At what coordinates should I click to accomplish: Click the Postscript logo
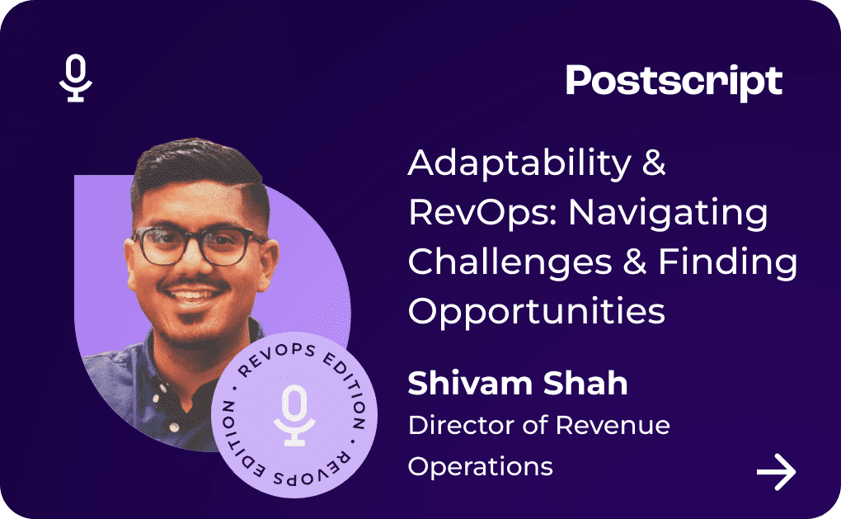[x=674, y=83]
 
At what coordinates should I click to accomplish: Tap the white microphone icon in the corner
[x=76, y=78]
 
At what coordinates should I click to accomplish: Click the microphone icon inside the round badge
[x=294, y=415]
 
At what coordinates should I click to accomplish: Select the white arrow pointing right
[x=776, y=472]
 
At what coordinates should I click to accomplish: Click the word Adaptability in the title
[x=519, y=163]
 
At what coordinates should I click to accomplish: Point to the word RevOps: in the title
[x=483, y=213]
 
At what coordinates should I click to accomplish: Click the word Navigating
[x=668, y=213]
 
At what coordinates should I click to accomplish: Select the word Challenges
[x=510, y=262]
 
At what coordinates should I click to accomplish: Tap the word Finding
[x=728, y=262]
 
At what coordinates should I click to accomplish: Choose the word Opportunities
[x=537, y=311]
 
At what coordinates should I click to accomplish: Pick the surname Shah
[x=585, y=383]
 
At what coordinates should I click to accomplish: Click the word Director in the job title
[x=460, y=425]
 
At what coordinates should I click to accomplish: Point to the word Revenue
[x=613, y=425]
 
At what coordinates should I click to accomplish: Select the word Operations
[x=480, y=466]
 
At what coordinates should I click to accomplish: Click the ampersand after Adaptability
[x=654, y=163]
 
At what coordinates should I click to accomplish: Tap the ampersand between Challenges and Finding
[x=635, y=262]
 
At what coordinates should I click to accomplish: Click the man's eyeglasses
[x=199, y=245]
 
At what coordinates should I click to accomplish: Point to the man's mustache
[x=194, y=283]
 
